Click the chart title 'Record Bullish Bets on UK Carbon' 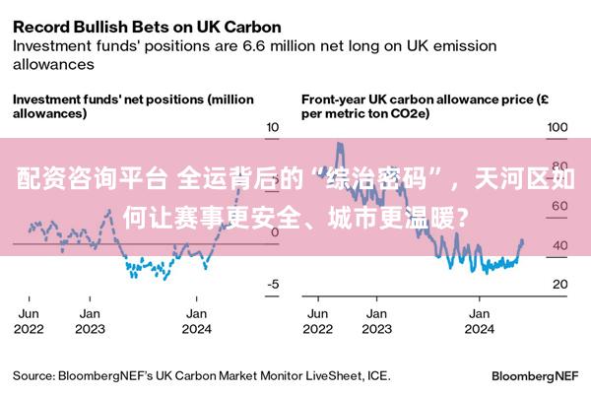pyautogui.click(x=147, y=28)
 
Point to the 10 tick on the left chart pyautogui.click(x=273, y=127)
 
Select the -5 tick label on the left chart pyautogui.click(x=273, y=284)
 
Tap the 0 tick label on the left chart pyautogui.click(x=275, y=232)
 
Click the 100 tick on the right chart pyautogui.click(x=558, y=127)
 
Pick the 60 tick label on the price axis pyautogui.click(x=560, y=206)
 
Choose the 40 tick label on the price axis pyautogui.click(x=560, y=245)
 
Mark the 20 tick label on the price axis pyautogui.click(x=560, y=284)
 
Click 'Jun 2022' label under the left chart pyautogui.click(x=29, y=321)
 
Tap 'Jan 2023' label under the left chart pyautogui.click(x=90, y=321)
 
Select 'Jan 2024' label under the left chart pyautogui.click(x=197, y=321)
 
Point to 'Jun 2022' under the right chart pyautogui.click(x=318, y=321)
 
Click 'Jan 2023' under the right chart pyautogui.click(x=377, y=321)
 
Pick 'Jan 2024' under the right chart pyautogui.click(x=480, y=321)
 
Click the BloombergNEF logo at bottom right pyautogui.click(x=535, y=376)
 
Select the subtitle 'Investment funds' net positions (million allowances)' pyautogui.click(x=133, y=106)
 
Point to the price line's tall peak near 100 pyautogui.click(x=340, y=145)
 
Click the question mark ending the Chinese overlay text pyautogui.click(x=463, y=218)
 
